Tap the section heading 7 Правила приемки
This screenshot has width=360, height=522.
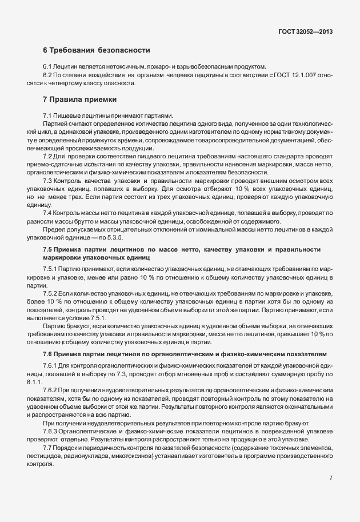[75, 99]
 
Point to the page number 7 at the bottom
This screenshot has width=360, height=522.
[331, 477]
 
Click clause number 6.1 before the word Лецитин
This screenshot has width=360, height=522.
[47, 66]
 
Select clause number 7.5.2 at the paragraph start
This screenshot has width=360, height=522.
[50, 292]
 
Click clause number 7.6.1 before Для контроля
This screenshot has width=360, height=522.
[50, 365]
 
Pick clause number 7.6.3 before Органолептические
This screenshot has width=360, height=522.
[50, 430]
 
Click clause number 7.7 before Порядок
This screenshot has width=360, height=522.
[47, 447]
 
